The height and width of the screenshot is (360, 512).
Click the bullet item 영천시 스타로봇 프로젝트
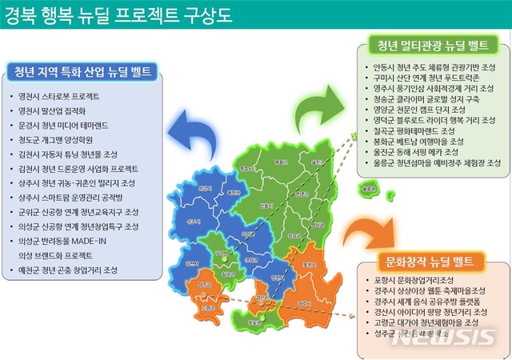point(63,94)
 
